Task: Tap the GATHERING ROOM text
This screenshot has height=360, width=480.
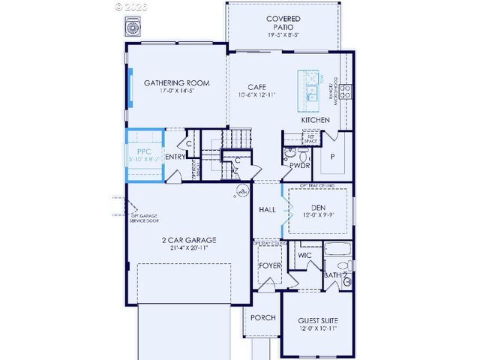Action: point(176,83)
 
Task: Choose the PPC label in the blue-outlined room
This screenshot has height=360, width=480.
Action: point(144,151)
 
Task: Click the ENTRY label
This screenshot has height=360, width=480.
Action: point(175,157)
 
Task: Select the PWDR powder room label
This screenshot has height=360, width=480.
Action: point(300,165)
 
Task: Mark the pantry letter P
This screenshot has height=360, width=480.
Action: point(332,156)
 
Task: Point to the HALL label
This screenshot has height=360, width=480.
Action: point(267,210)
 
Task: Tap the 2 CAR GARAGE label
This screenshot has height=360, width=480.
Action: point(189,241)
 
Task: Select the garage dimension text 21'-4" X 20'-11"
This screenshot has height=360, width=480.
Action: point(189,249)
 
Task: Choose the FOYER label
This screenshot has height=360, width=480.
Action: point(269,265)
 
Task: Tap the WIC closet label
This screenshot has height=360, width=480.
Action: point(304,256)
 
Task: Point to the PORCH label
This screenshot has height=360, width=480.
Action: point(262,318)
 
